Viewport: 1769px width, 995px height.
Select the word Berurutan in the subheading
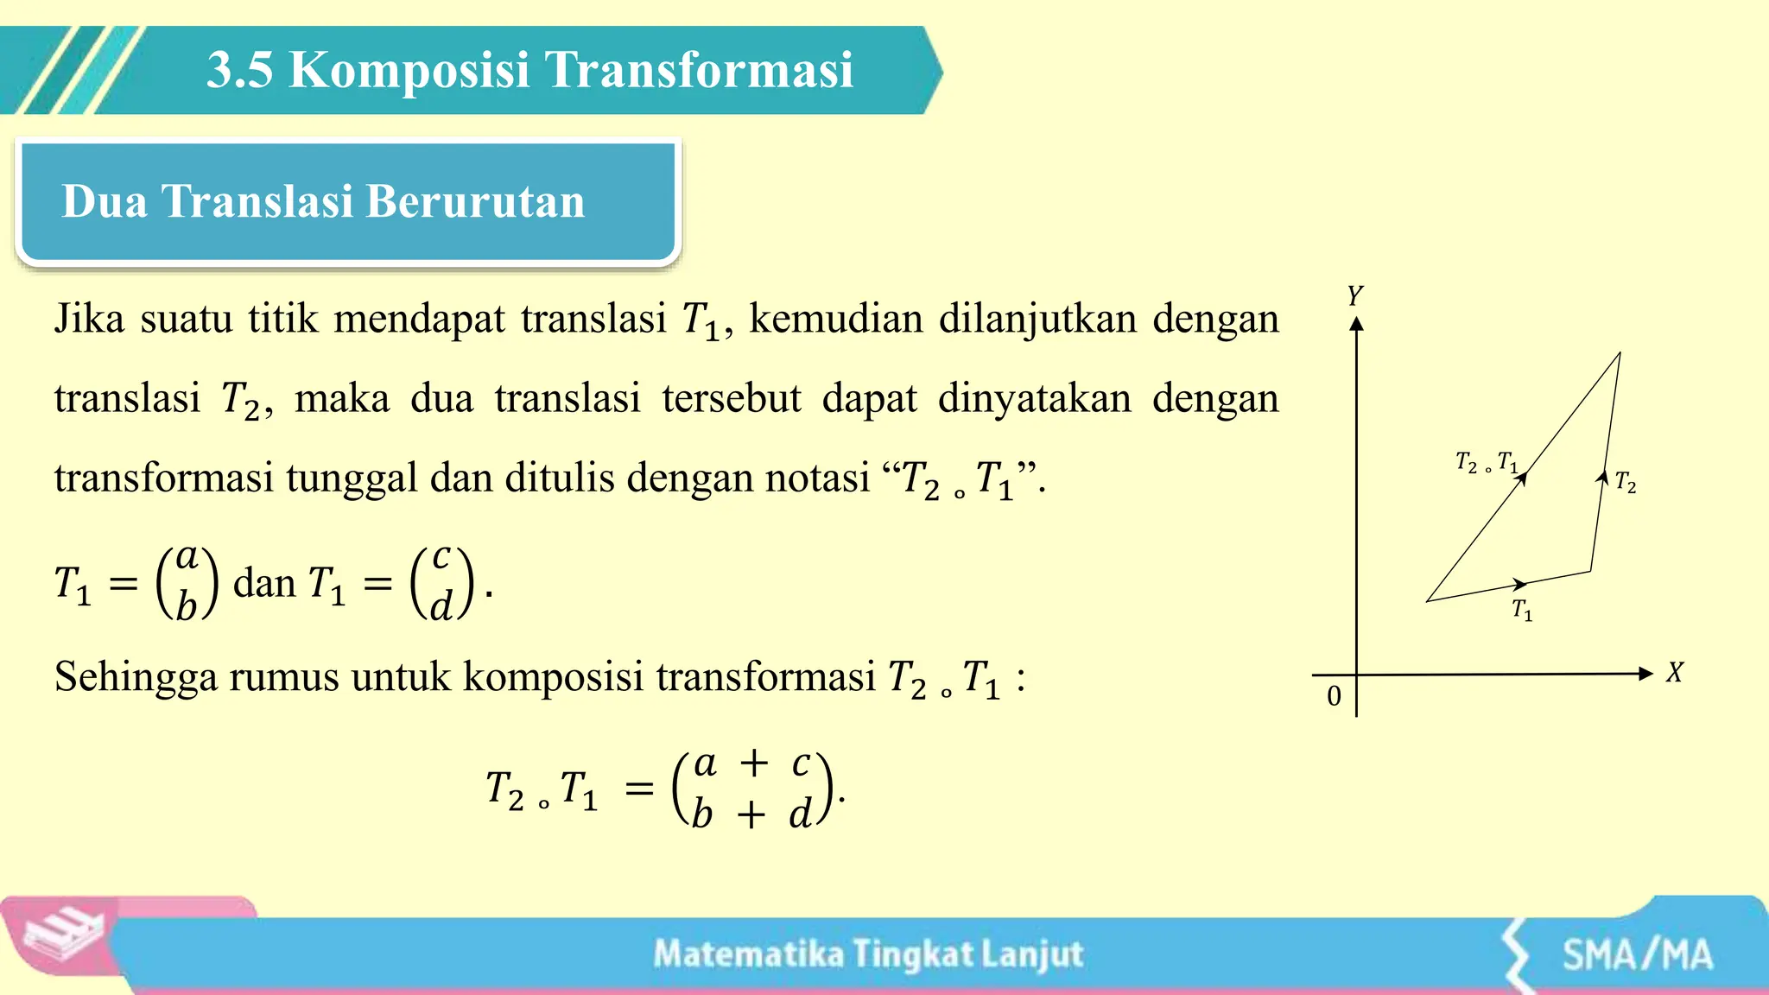(x=476, y=202)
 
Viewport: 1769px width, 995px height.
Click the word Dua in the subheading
(x=104, y=202)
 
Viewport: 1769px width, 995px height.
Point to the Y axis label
(x=1354, y=296)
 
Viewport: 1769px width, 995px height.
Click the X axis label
(x=1674, y=673)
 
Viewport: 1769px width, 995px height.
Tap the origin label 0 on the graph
(x=1334, y=696)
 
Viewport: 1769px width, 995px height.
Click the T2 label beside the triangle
(x=1626, y=483)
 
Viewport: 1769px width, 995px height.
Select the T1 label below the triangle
(x=1522, y=611)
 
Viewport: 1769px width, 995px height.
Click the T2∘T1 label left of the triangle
(x=1486, y=463)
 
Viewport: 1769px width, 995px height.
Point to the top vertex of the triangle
(x=1619, y=353)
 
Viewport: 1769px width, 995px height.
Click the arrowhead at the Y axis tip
(x=1356, y=324)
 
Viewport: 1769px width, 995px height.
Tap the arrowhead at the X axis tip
(x=1645, y=674)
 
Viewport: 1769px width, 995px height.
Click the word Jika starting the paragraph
(x=90, y=319)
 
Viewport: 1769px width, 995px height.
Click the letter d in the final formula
(x=800, y=814)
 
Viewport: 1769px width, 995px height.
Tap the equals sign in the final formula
(x=639, y=788)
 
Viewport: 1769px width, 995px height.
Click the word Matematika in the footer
(x=748, y=954)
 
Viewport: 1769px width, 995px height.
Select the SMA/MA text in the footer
(x=1637, y=955)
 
